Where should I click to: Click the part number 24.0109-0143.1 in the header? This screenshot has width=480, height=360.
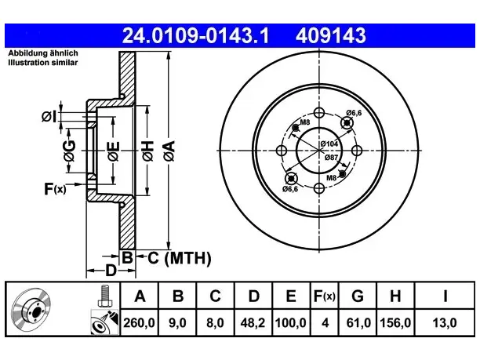pos(195,35)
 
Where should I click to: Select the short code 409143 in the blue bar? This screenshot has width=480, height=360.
pos(331,35)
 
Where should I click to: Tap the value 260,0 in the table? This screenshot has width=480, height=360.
pos(139,323)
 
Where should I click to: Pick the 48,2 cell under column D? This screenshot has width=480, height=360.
pos(253,323)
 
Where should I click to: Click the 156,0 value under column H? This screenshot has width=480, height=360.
pos(395,323)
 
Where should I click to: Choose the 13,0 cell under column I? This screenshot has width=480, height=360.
pos(445,323)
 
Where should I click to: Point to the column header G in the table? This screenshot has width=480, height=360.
pos(358,296)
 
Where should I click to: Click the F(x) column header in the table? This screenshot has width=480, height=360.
pos(325,296)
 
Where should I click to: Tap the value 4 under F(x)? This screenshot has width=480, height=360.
pos(325,323)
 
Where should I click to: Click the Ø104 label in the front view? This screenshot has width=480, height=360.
pos(329,144)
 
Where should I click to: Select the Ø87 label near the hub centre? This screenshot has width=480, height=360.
pos(332,158)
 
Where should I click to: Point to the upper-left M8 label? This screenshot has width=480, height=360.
pos(305,122)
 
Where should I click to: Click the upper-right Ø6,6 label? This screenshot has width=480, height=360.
pos(354,113)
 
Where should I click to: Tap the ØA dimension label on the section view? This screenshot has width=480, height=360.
pos(169,151)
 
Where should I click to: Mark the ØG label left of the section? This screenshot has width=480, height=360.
pos(70,151)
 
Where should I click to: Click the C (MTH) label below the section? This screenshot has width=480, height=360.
pos(180,258)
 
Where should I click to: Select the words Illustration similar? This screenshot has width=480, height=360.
pos(43,63)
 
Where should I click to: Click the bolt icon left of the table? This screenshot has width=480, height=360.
pos(104,296)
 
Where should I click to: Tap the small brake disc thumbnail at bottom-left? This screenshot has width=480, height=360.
pos(31,309)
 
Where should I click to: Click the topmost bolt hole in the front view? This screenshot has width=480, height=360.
pos(319,113)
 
